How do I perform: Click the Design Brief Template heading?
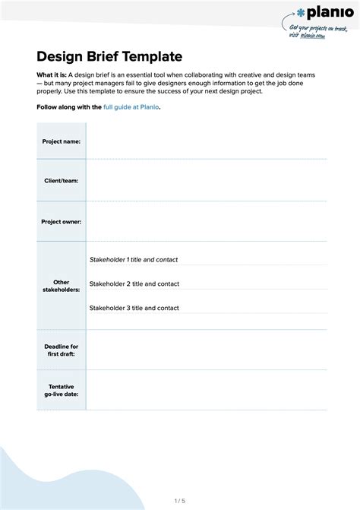pyautogui.click(x=109, y=56)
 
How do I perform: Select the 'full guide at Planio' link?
pyautogui.click(x=131, y=107)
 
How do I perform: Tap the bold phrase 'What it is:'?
pyautogui.click(x=52, y=75)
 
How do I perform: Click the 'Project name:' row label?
pyautogui.click(x=61, y=141)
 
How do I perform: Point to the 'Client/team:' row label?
pyautogui.click(x=61, y=181)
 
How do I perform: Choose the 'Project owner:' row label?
pyautogui.click(x=61, y=221)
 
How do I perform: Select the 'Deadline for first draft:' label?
pyautogui.click(x=61, y=350)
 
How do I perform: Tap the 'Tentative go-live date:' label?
pyautogui.click(x=61, y=391)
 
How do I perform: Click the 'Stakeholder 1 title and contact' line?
pyautogui.click(x=134, y=260)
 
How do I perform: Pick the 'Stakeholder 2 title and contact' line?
pyautogui.click(x=134, y=284)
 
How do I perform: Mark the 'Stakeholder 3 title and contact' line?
pyautogui.click(x=134, y=308)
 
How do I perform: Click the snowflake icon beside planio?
pyautogui.click(x=302, y=13)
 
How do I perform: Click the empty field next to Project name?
pyautogui.click(x=207, y=141)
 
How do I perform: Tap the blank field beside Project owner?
pyautogui.click(x=207, y=221)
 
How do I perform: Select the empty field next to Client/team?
pyautogui.click(x=207, y=181)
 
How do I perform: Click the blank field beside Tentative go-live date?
pyautogui.click(x=207, y=391)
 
